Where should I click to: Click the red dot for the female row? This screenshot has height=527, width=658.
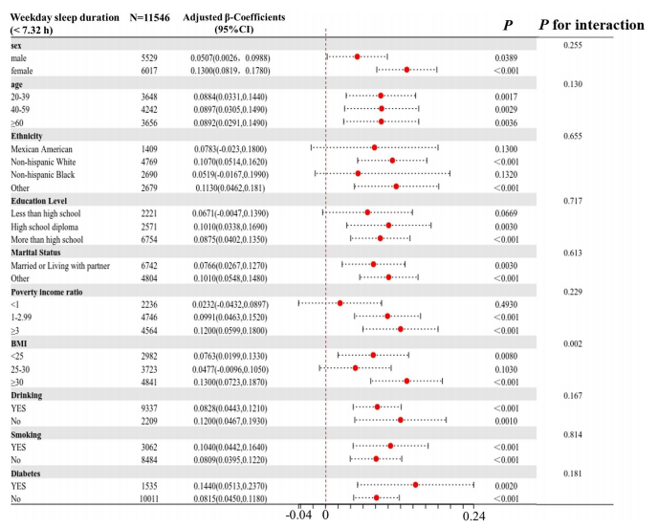[406, 70]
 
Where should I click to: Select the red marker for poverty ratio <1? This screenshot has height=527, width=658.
[340, 303]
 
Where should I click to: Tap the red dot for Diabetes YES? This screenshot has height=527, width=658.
[415, 485]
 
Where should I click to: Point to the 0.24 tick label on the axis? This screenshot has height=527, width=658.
[474, 517]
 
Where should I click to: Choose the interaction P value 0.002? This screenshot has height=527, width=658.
[573, 341]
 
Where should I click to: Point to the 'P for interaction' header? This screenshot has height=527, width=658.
[591, 24]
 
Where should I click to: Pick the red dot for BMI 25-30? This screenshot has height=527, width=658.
[355, 368]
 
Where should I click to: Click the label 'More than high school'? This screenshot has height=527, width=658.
[47, 239]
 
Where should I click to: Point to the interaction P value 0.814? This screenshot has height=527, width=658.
[573, 433]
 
